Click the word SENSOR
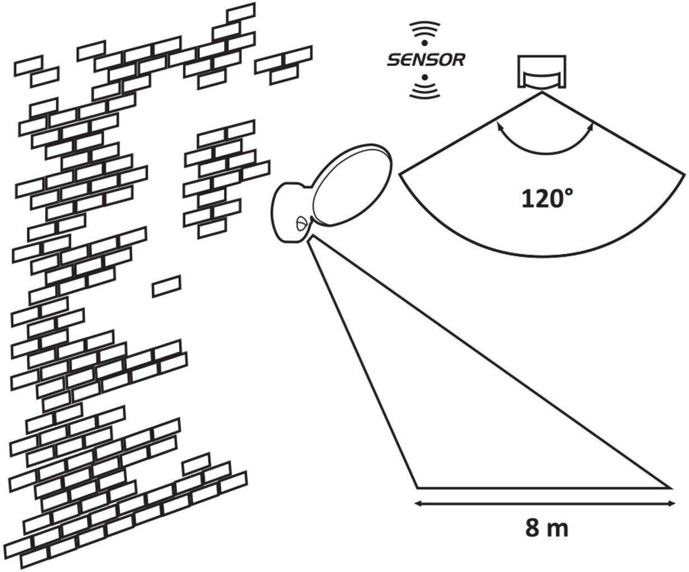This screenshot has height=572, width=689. pos(426,60)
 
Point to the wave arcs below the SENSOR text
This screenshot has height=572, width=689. pos(425,90)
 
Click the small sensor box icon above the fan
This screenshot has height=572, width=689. pos(542,71)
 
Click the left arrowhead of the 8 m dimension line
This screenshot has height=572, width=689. pos(418,504)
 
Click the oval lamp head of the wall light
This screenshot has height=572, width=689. pos(352,184)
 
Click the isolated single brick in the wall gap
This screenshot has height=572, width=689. pos(166,286)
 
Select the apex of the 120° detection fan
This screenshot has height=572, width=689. pos(542,93)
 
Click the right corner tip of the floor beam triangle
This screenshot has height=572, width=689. pos(671,487)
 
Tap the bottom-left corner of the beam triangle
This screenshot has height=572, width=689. pos(417,487)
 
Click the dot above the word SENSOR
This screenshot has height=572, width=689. pos(425,43)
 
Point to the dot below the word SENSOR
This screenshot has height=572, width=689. pos(425,77)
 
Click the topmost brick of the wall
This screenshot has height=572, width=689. pos(241,12)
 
